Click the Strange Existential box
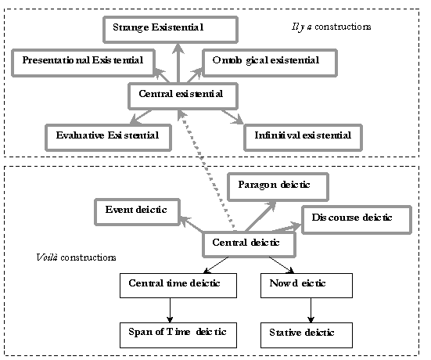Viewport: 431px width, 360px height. [171, 30]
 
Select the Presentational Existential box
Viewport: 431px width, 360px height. [83, 63]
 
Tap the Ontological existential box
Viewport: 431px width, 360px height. [270, 63]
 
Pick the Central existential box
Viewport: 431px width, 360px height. [183, 96]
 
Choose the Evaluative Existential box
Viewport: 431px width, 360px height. [108, 138]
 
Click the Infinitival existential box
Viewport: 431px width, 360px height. [303, 138]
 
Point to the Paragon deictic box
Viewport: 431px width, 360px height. [278, 187]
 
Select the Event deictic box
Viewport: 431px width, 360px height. [137, 212]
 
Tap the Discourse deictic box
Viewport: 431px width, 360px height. [357, 220]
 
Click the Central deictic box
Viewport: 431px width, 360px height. [249, 244]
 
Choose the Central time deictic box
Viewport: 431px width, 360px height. [178, 286]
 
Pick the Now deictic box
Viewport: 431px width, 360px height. [307, 286]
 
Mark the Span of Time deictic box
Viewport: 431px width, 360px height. [178, 335]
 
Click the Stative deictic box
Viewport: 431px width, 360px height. [307, 335]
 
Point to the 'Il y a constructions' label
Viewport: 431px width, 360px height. [331, 27]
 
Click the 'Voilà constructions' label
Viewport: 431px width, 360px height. [76, 257]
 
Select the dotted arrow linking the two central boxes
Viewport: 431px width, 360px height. [207, 170]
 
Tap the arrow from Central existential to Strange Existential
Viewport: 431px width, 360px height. [178, 63]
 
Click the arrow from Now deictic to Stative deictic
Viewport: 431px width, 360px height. [311, 310]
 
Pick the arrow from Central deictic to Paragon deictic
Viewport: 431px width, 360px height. [260, 216]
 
